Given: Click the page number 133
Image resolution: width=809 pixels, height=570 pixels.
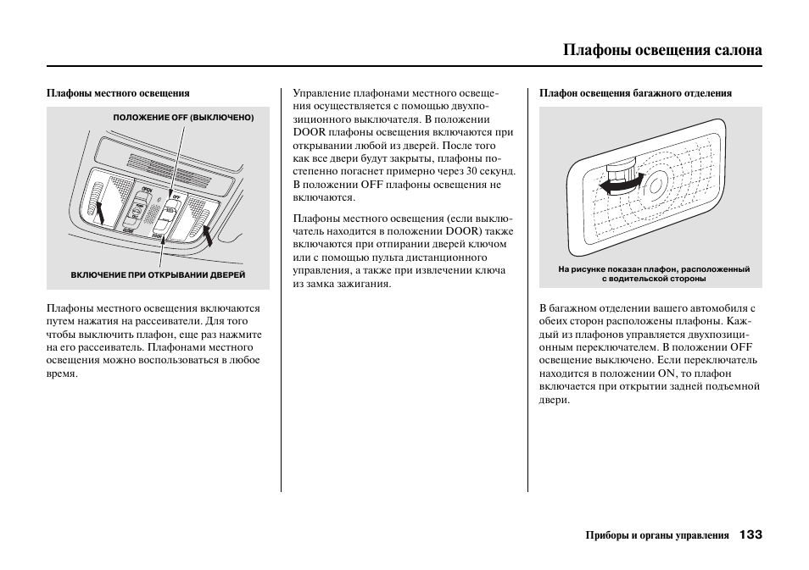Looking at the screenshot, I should tap(750, 534).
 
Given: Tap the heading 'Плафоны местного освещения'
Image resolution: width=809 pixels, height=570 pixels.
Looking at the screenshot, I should tap(118, 93).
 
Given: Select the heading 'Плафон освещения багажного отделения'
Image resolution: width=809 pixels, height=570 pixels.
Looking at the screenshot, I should tap(635, 93).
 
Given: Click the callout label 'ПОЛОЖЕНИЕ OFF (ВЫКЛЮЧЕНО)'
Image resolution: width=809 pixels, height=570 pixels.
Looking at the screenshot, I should tap(183, 118).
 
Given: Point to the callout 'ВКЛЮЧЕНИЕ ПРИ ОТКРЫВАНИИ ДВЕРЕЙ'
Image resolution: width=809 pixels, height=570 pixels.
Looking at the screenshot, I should tap(158, 275).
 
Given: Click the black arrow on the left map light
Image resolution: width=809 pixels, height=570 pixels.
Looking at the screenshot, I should tap(100, 209).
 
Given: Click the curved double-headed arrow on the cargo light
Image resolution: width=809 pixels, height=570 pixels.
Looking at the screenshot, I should tap(618, 182).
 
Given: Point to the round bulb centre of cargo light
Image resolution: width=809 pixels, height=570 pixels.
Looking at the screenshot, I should tap(656, 184).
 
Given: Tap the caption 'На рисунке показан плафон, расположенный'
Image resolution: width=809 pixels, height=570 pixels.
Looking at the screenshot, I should tap(654, 269).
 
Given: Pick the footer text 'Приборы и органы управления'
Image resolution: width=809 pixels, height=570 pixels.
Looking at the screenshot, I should tap(657, 535).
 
